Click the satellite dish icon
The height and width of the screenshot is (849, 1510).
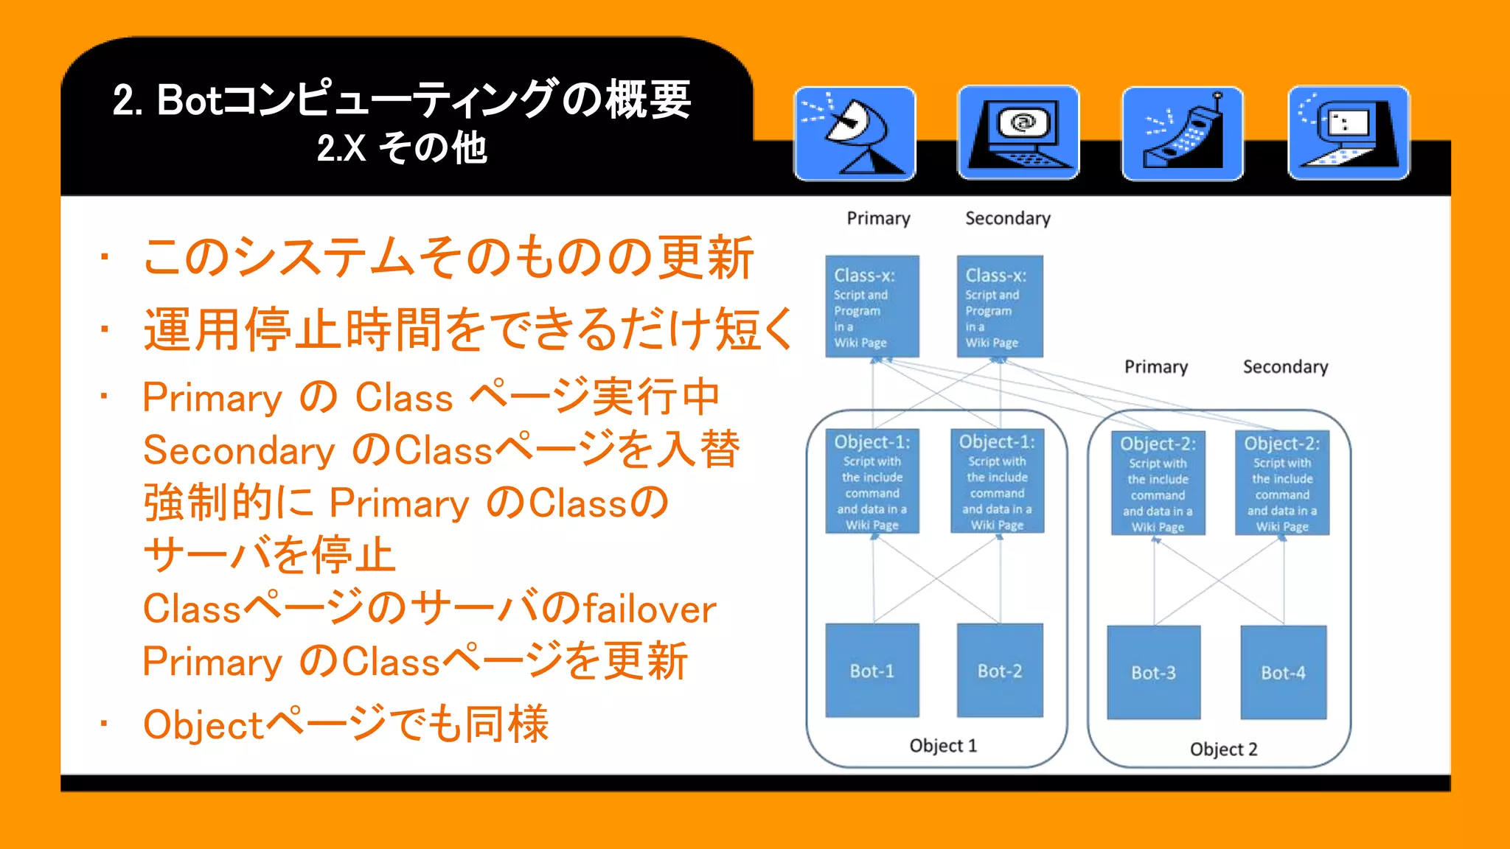855,133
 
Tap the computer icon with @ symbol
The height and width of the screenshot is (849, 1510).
1018,133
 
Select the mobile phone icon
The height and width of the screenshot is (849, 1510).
1183,133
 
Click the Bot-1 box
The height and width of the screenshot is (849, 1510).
872,671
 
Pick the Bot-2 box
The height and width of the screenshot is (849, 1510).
1000,671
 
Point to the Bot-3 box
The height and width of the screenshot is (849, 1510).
1154,672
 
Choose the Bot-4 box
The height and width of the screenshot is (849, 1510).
1283,672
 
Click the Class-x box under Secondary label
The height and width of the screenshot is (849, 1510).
1000,307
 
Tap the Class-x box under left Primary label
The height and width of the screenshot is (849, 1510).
872,307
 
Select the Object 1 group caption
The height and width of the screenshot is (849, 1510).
943,745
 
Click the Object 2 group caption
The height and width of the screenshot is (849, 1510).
1223,749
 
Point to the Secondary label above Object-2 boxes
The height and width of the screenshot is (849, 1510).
1285,366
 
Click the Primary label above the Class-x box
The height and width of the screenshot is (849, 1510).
878,218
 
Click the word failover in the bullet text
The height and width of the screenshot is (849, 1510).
650,609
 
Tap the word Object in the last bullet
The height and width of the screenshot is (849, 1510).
203,725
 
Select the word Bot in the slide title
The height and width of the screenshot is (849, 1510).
189,100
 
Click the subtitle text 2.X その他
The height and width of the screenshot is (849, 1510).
402,147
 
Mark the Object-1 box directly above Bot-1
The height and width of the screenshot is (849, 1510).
872,481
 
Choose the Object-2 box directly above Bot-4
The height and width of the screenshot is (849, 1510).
1282,483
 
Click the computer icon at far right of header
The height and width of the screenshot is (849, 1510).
1348,133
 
